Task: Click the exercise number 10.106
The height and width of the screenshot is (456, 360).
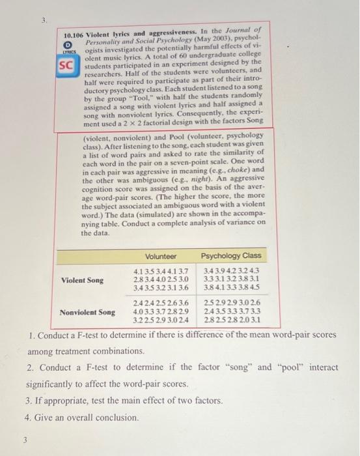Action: (x=76, y=31)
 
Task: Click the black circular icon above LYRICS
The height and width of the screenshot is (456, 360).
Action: (x=66, y=40)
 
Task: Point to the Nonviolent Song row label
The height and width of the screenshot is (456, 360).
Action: (x=87, y=312)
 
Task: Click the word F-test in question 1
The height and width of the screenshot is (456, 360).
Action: (x=89, y=335)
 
